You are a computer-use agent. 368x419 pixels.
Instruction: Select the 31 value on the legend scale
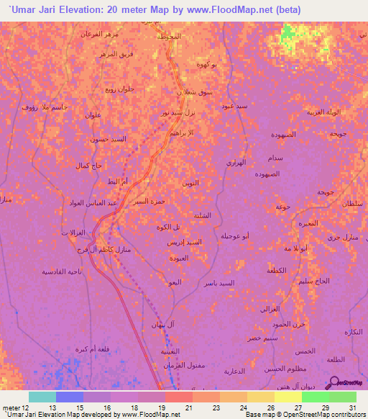point(351,407)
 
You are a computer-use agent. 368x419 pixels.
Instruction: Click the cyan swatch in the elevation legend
point(42,397)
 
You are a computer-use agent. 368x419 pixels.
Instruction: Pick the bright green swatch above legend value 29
point(315,397)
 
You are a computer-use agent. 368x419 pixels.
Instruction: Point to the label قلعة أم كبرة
point(73,349)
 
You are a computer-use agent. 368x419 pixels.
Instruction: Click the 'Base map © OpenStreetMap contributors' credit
point(303,414)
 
